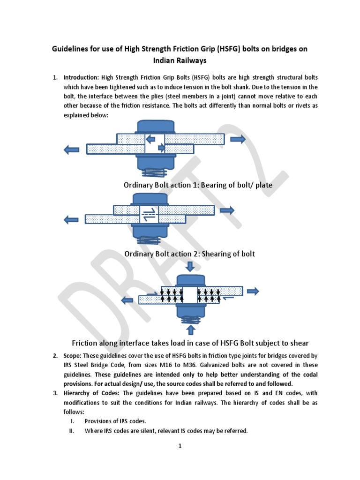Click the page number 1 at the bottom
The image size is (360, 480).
(x=180, y=446)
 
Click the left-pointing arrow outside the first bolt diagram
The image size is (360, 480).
(x=71, y=149)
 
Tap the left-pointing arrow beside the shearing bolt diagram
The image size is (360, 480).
(x=71, y=219)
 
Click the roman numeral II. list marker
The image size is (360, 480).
(x=72, y=430)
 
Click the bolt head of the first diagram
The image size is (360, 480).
(x=155, y=127)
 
